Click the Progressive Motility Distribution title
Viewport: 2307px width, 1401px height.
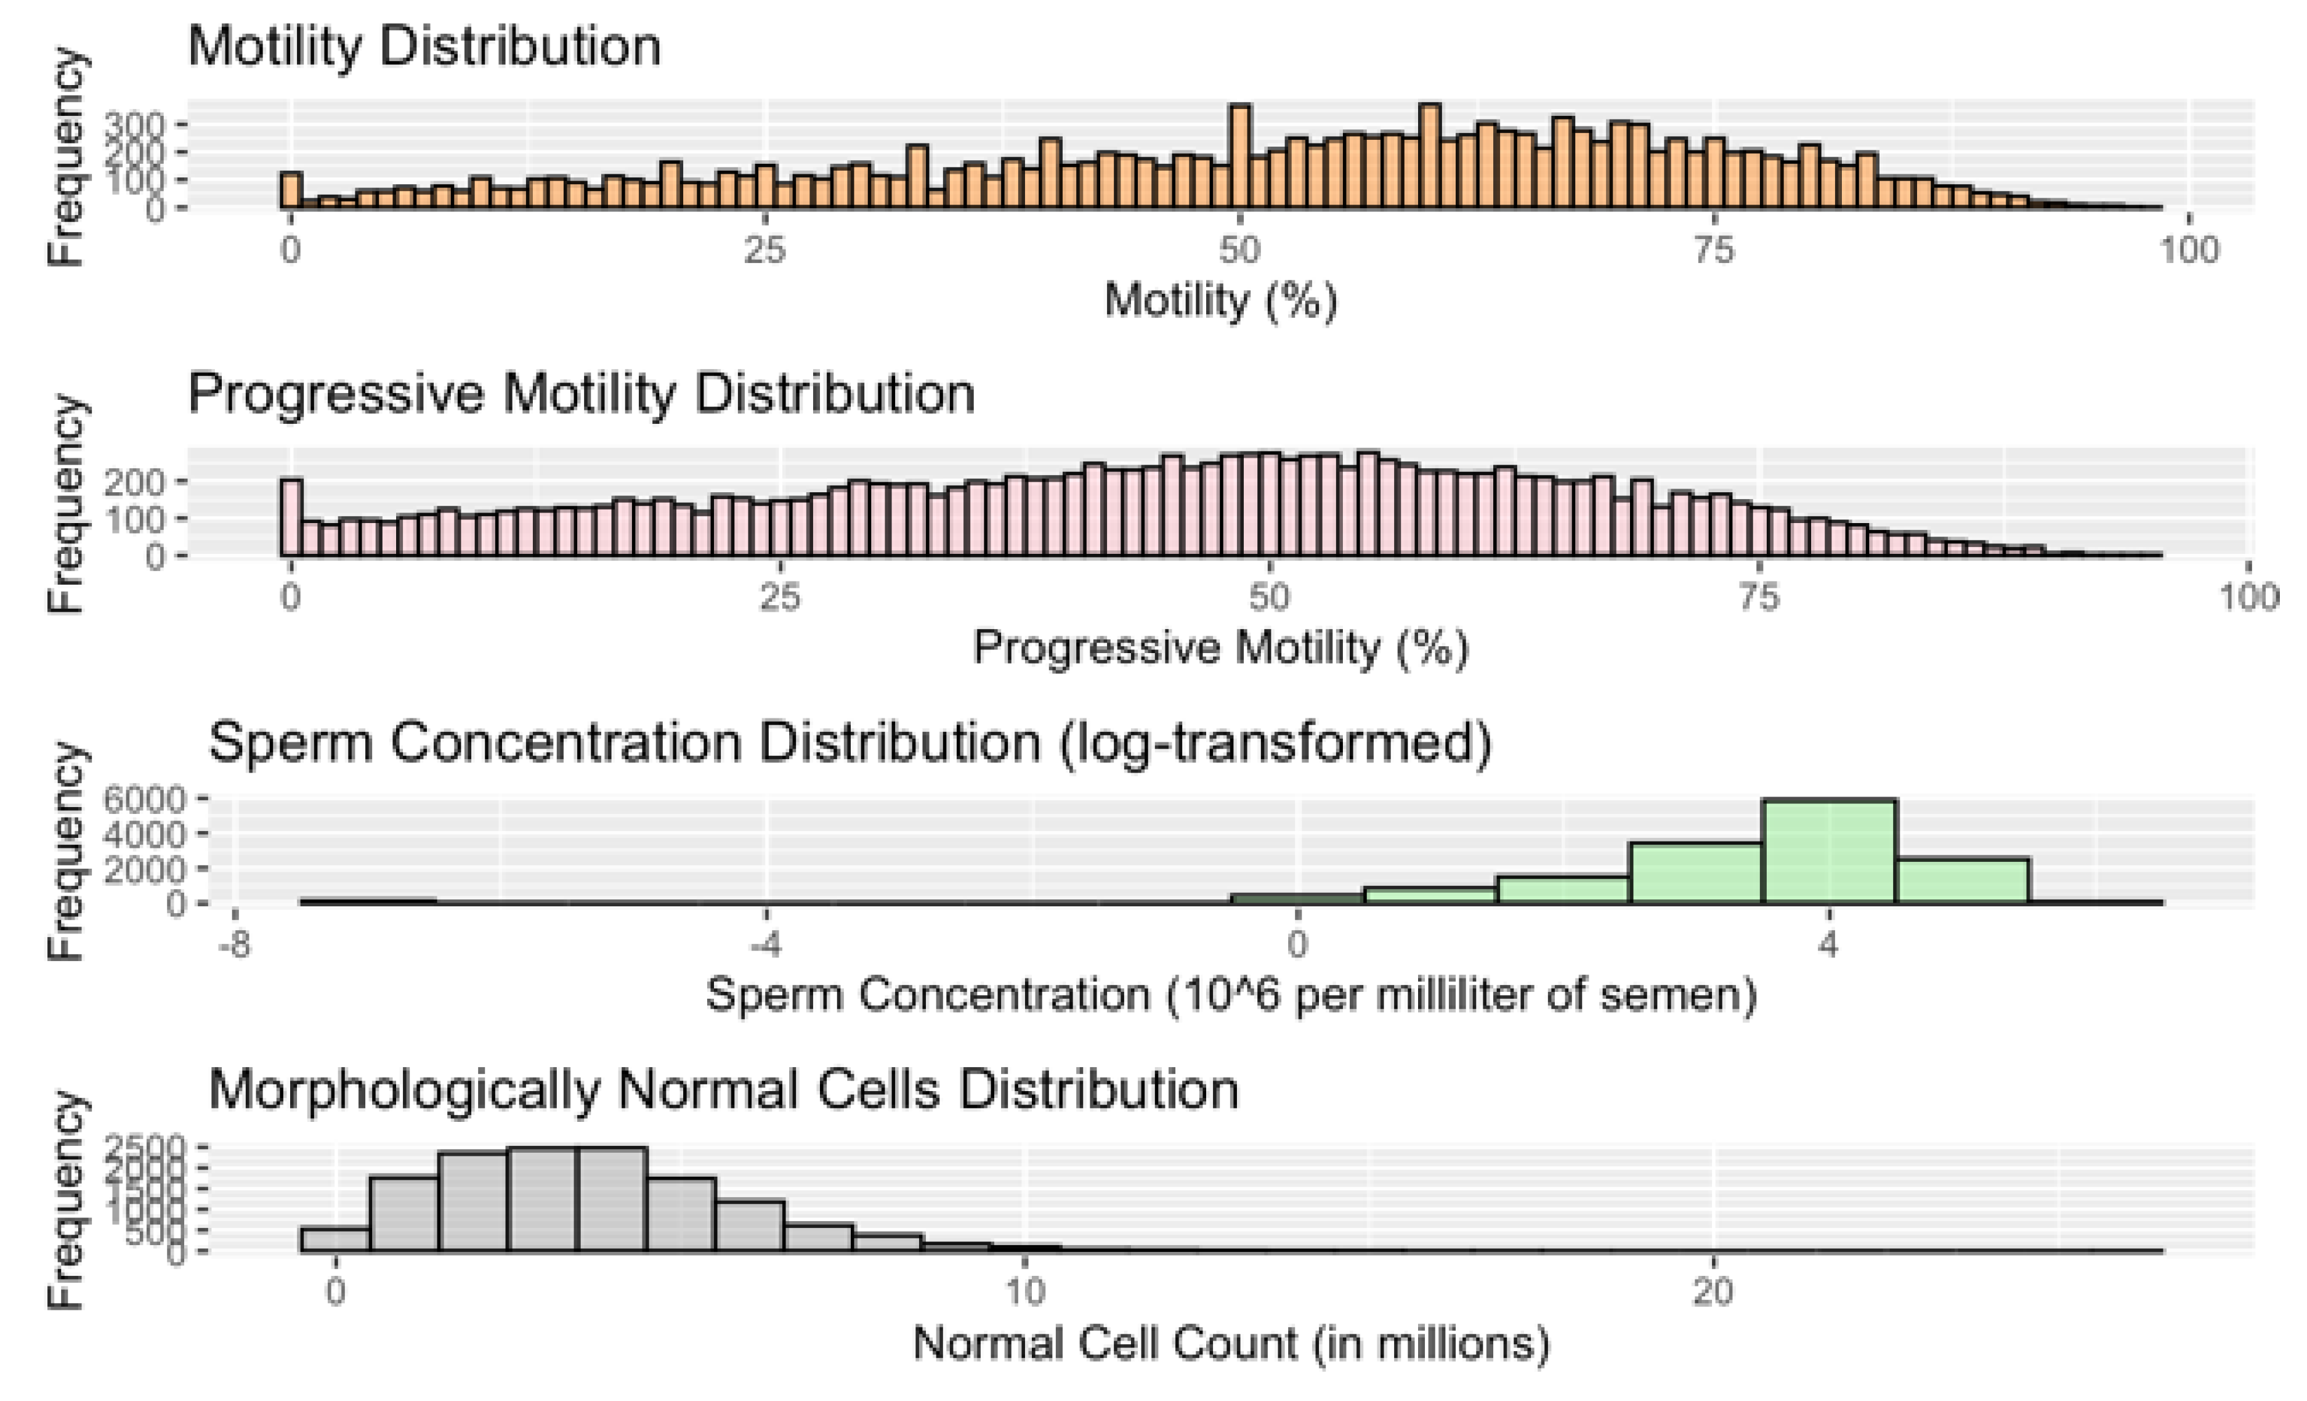pyautogui.click(x=580, y=392)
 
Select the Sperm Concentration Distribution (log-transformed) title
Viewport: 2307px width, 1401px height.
pyautogui.click(x=849, y=742)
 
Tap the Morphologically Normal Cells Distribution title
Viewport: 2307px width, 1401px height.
pyautogui.click(x=723, y=1089)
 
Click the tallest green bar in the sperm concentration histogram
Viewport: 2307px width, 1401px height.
pyautogui.click(x=1828, y=852)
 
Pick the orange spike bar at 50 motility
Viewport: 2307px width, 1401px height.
pyautogui.click(x=1239, y=157)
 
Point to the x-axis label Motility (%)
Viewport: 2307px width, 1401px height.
pyautogui.click(x=1220, y=301)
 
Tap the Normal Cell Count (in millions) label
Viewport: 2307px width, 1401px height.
pyautogui.click(x=1230, y=1343)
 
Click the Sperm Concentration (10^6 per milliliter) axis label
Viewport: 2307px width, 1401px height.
pyautogui.click(x=1230, y=994)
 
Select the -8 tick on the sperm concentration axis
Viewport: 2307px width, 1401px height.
pyautogui.click(x=234, y=945)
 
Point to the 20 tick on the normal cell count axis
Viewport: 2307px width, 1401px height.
pyautogui.click(x=1713, y=1293)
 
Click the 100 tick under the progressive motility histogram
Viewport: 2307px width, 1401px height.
pyautogui.click(x=2248, y=596)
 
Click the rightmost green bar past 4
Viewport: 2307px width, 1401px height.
pyautogui.click(x=1963, y=881)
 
